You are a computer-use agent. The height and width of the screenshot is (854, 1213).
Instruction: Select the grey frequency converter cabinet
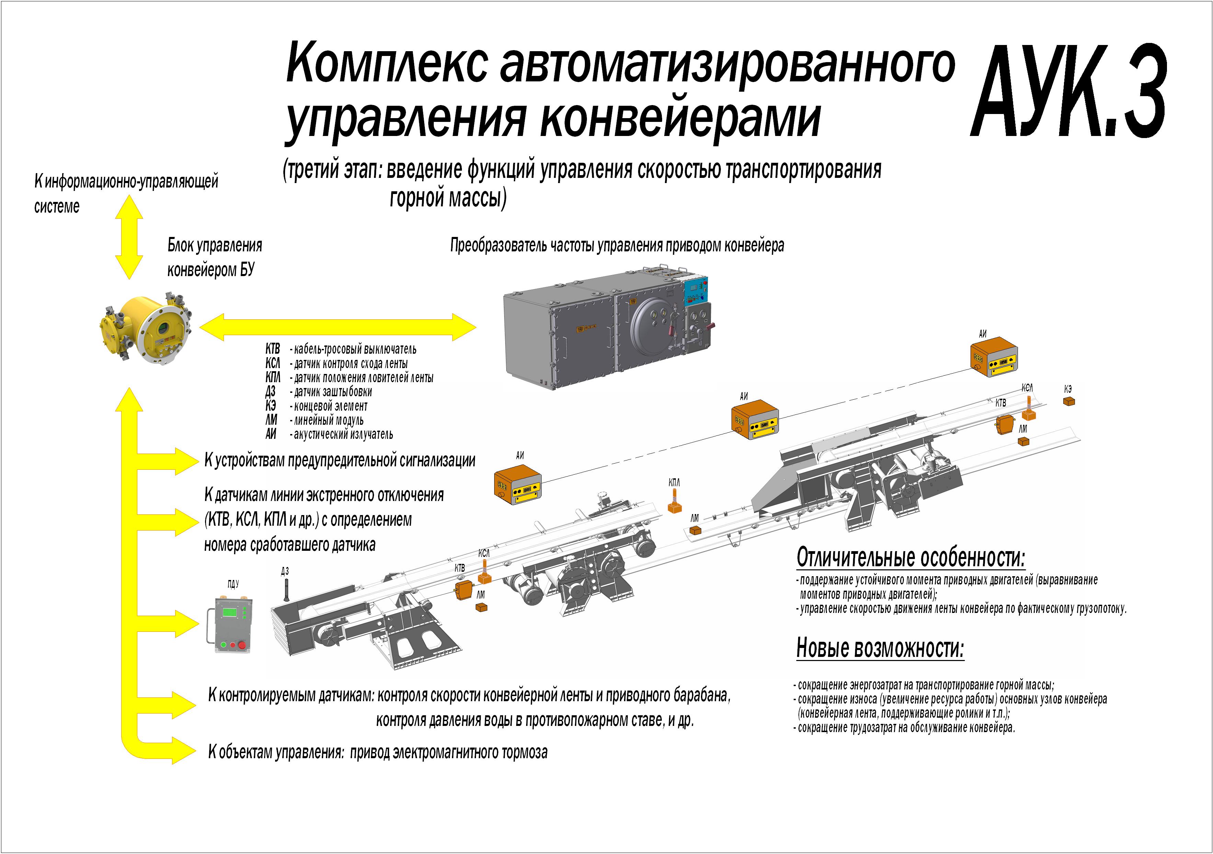[x=608, y=333]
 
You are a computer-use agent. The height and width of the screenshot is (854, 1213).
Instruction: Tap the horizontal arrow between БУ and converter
[x=338, y=327]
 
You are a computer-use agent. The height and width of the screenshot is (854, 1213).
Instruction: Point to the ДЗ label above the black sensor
[x=285, y=571]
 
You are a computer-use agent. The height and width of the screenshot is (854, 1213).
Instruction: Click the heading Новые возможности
[x=880, y=648]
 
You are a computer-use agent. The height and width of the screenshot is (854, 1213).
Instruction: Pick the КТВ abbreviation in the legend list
[x=273, y=349]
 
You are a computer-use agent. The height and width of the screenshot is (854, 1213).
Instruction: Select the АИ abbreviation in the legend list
[x=271, y=434]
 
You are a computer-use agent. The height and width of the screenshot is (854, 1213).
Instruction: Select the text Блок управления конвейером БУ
[x=214, y=257]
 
